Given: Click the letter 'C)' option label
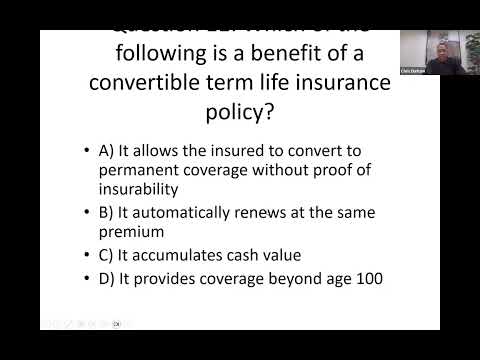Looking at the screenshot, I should tap(108, 254).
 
